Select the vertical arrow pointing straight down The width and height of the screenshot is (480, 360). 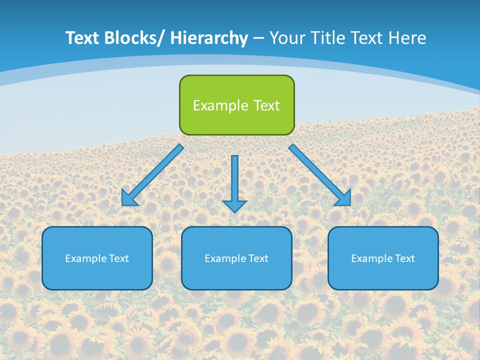[234, 180]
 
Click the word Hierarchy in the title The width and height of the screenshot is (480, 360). [209, 38]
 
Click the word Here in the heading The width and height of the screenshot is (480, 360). [407, 38]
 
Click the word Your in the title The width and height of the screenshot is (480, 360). [287, 38]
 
